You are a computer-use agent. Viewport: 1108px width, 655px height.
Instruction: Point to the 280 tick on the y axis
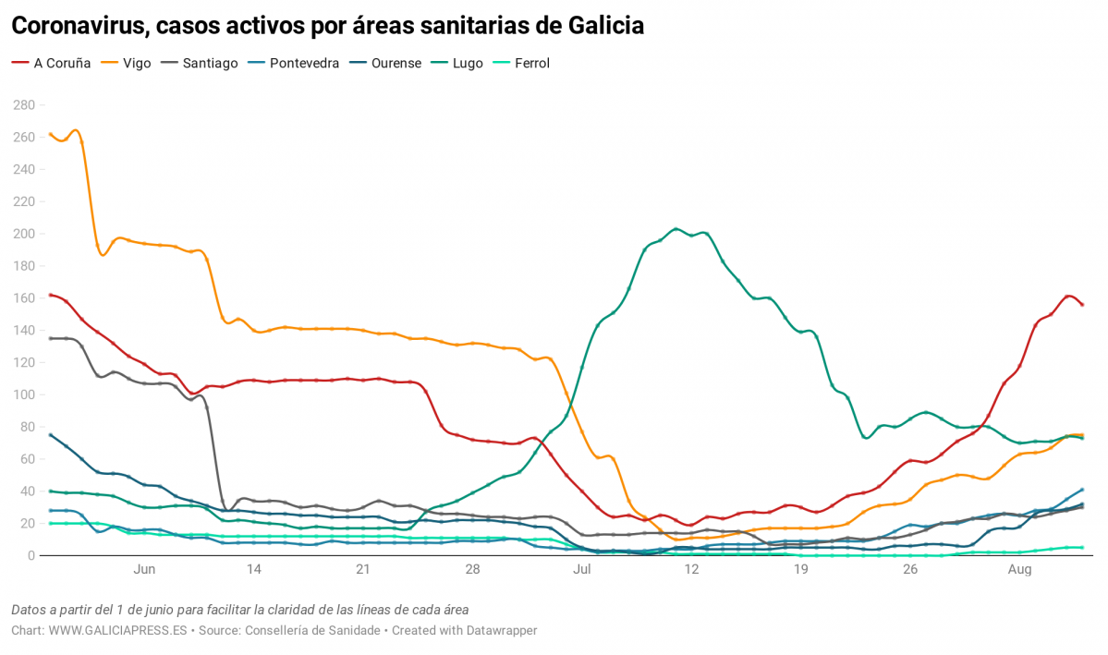[23, 105]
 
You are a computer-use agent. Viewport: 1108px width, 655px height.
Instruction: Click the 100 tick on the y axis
[23, 394]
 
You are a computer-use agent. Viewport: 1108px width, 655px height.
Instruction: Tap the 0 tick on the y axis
[30, 555]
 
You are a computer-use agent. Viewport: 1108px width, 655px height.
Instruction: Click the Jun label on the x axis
[144, 570]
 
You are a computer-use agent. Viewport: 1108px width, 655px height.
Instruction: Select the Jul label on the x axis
[582, 570]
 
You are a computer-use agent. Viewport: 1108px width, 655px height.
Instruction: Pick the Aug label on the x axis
[1019, 570]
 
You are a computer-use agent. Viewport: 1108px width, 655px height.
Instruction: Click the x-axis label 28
[472, 570]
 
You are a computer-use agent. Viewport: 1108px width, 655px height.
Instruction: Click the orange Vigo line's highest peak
[76, 130]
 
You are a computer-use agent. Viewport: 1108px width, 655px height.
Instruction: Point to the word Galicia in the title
[598, 26]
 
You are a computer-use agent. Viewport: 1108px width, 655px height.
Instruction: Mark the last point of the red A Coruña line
[1082, 305]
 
